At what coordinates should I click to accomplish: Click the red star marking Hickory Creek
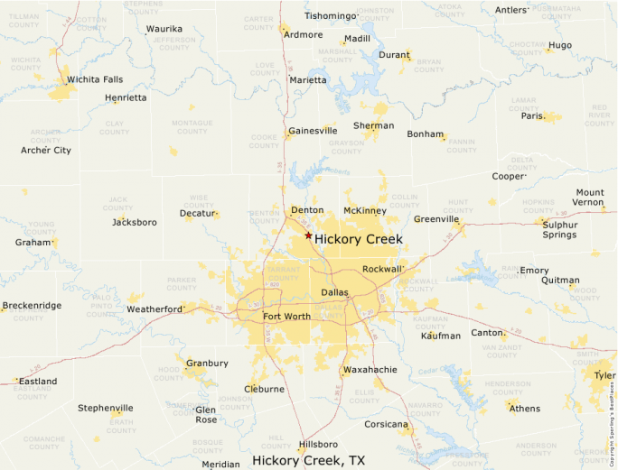pyautogui.click(x=308, y=235)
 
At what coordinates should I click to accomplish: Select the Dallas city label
pyautogui.click(x=334, y=292)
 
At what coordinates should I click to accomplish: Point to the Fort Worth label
pyautogui.click(x=286, y=317)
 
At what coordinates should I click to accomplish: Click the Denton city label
pyautogui.click(x=307, y=210)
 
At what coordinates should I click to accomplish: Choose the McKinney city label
pyautogui.click(x=365, y=211)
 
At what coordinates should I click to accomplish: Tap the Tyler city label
pyautogui.click(x=604, y=375)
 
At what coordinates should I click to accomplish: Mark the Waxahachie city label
pyautogui.click(x=370, y=370)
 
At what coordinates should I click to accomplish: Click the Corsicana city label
pyautogui.click(x=386, y=424)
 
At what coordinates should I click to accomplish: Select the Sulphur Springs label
pyautogui.click(x=559, y=228)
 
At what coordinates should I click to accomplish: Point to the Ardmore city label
pyautogui.click(x=303, y=35)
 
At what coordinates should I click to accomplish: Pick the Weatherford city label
pyautogui.click(x=154, y=309)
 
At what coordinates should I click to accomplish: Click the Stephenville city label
pyautogui.click(x=105, y=408)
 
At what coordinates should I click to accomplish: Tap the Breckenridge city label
pyautogui.click(x=32, y=306)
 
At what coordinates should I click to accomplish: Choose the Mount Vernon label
pyautogui.click(x=590, y=198)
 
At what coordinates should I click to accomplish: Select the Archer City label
pyautogui.click(x=45, y=151)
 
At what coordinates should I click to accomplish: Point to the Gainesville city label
pyautogui.click(x=313, y=131)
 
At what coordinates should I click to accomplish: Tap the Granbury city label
pyautogui.click(x=207, y=364)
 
